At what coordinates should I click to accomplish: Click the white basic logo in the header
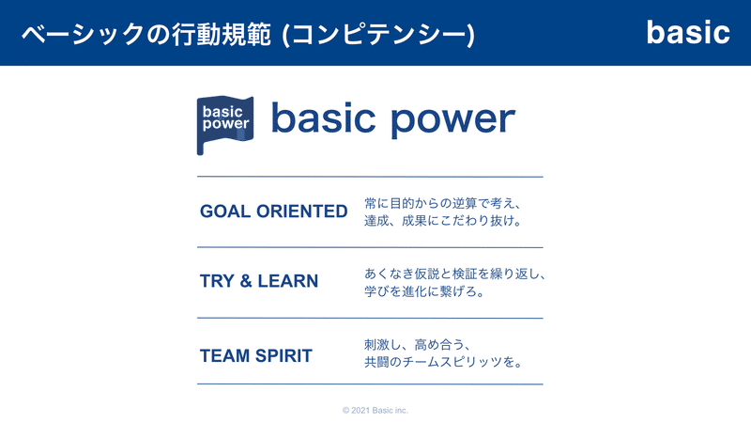[x=688, y=33]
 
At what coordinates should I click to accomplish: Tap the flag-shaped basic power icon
[x=225, y=125]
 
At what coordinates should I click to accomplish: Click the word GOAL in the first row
[x=225, y=211]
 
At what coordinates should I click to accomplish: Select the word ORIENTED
[x=301, y=211]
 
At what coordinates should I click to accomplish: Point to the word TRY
[x=217, y=281]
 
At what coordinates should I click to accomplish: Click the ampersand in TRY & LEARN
[x=246, y=281]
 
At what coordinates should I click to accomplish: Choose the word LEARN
[x=288, y=281]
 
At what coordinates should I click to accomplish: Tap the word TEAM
[x=224, y=356]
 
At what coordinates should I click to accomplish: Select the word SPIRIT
[x=284, y=356]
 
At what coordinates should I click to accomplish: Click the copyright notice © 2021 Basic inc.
[x=375, y=411]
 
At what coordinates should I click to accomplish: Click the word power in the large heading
[x=452, y=120]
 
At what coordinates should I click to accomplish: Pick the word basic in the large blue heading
[x=323, y=117]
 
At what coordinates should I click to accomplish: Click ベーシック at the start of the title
[x=83, y=35]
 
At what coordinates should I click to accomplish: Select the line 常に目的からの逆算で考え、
[x=442, y=203]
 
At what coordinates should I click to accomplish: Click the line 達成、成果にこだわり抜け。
[x=443, y=221]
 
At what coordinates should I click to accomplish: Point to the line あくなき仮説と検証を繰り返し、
[x=455, y=274]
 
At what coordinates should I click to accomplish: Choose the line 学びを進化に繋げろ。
[x=424, y=291]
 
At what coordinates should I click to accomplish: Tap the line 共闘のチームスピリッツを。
[x=443, y=362]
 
